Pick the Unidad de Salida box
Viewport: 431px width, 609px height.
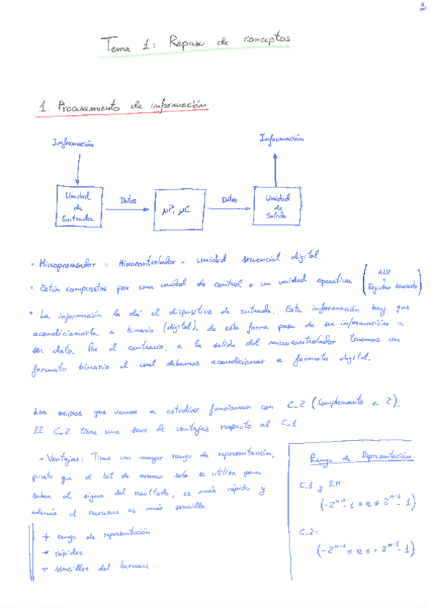[277, 206]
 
